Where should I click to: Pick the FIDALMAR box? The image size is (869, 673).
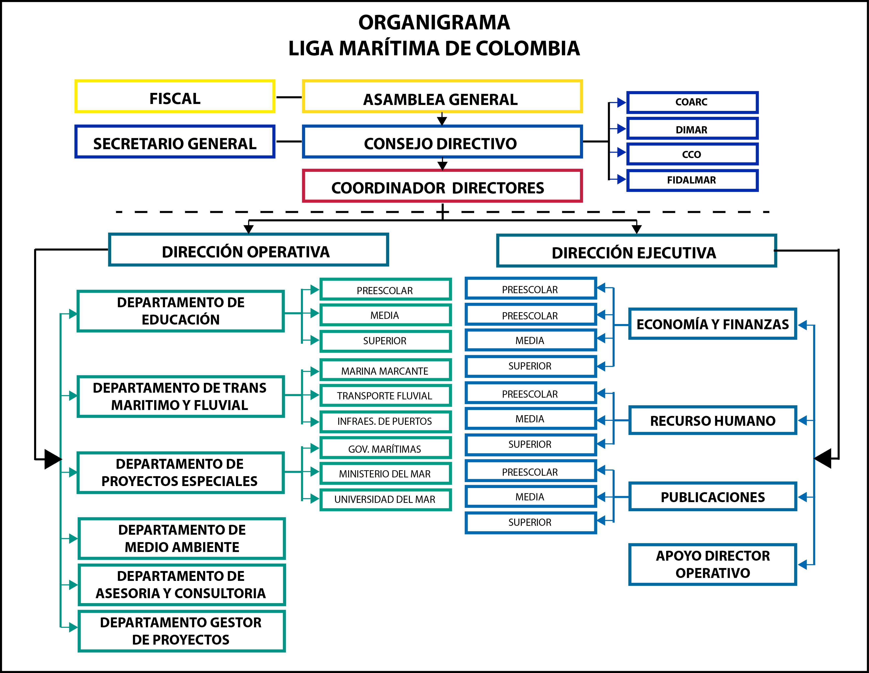tap(692, 180)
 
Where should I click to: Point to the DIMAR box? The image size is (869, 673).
tap(692, 129)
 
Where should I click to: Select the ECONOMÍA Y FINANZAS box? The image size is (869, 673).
tap(712, 324)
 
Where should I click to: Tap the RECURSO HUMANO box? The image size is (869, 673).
tap(712, 420)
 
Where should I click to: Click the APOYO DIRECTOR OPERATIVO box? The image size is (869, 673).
tap(712, 564)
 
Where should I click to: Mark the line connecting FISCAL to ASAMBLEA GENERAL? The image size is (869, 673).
tap(289, 97)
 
